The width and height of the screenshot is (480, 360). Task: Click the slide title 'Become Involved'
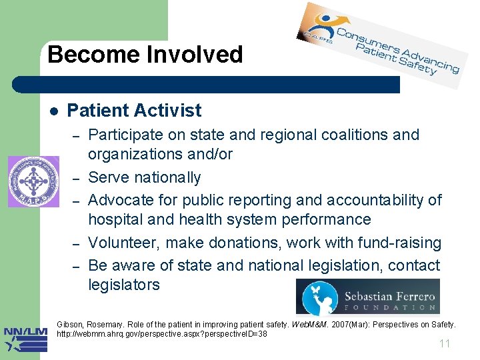pyautogui.click(x=145, y=54)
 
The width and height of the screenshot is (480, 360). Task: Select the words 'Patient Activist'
pyautogui.click(x=134, y=110)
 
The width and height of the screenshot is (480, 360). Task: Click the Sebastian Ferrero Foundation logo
pyautogui.click(x=367, y=296)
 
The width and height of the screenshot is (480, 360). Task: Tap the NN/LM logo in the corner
pyautogui.click(x=25, y=339)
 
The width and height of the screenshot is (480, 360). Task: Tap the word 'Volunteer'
pyautogui.click(x=123, y=243)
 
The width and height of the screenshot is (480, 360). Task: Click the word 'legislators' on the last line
pyautogui.click(x=124, y=285)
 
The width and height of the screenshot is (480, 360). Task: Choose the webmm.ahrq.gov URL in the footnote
pyautogui.click(x=162, y=333)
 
